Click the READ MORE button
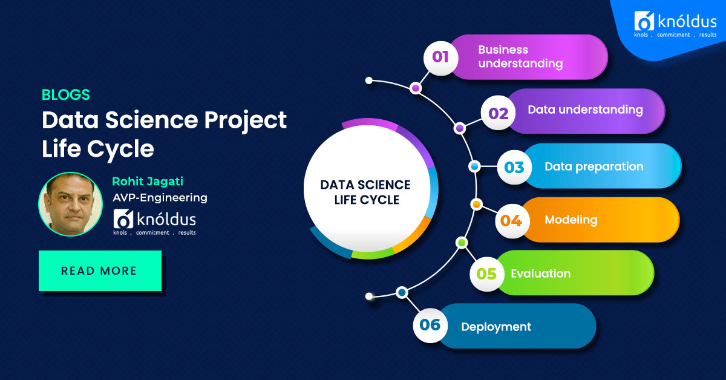pyautogui.click(x=100, y=270)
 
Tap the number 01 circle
pyautogui.click(x=440, y=57)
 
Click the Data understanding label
pyautogui.click(x=585, y=110)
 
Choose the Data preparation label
pyautogui.click(x=594, y=166)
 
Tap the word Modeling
pyautogui.click(x=571, y=220)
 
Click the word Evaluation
pyautogui.click(x=540, y=274)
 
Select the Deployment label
pyautogui.click(x=496, y=327)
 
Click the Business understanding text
pyautogui.click(x=520, y=56)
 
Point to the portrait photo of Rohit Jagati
pyautogui.click(x=70, y=205)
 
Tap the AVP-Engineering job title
pyautogui.click(x=160, y=197)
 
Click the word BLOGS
pyautogui.click(x=65, y=95)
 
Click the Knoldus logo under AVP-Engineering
pyautogui.click(x=154, y=221)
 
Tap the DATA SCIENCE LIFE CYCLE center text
pyautogui.click(x=365, y=192)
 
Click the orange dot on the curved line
pyautogui.click(x=476, y=205)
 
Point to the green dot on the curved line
pyautogui.click(x=462, y=243)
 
